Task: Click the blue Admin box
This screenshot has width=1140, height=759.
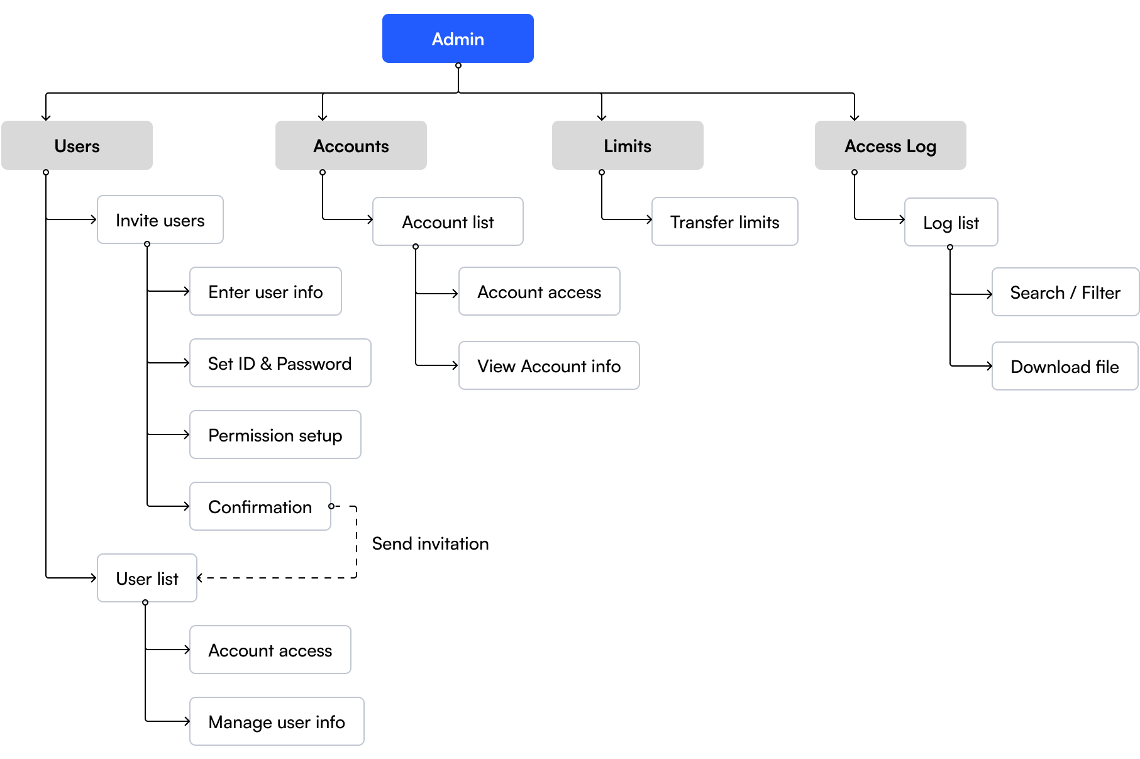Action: [458, 38]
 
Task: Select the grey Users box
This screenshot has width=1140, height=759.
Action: [77, 145]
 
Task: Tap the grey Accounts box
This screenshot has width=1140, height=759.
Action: [351, 145]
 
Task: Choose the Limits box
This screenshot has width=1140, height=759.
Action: [628, 145]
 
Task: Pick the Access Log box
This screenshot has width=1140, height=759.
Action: [890, 145]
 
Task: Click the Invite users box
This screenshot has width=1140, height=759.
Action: [160, 219]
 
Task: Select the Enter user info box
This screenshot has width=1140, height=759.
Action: [265, 291]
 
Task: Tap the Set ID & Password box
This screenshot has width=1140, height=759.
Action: [280, 363]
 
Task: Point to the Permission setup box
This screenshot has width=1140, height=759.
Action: [275, 435]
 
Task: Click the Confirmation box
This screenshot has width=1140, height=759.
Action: [260, 506]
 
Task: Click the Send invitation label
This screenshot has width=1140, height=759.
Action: [430, 543]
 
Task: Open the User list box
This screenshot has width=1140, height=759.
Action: [147, 578]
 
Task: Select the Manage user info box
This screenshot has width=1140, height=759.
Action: [277, 721]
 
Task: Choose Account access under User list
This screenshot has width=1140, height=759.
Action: [270, 650]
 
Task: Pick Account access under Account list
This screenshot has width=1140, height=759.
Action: [540, 291]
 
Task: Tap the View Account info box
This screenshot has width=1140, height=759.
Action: [549, 365]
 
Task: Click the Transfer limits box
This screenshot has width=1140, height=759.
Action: [725, 221]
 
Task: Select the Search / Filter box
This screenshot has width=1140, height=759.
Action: [1065, 292]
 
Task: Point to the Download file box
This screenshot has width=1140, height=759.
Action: [1065, 366]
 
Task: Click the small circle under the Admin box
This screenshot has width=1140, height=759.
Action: [458, 65]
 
